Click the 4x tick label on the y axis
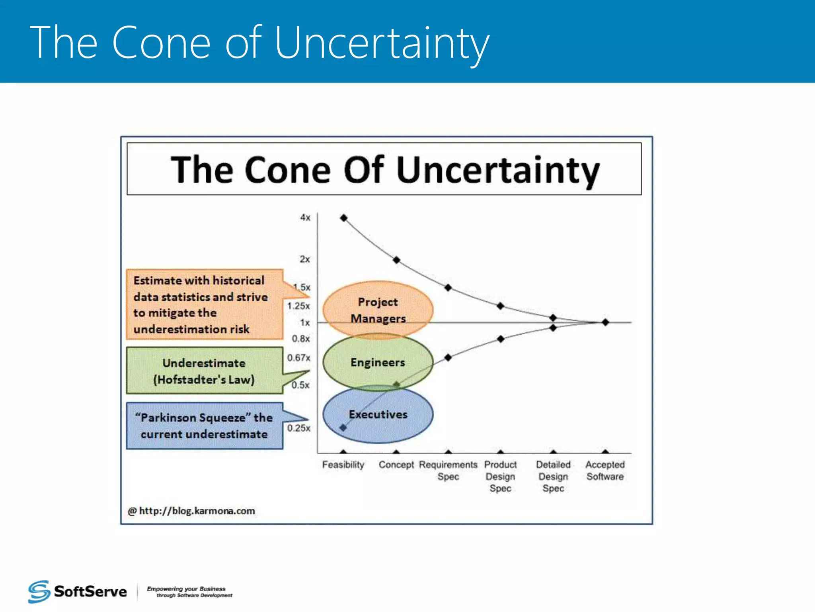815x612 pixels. coord(305,218)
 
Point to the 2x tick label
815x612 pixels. coord(304,259)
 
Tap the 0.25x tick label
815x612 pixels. coord(298,428)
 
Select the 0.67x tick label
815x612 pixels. coord(298,357)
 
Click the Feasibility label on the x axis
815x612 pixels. coord(343,465)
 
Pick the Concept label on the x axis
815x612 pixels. coord(396,465)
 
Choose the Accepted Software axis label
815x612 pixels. coord(605,471)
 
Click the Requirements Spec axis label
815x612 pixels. coord(448,471)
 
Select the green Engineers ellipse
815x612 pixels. coord(378,362)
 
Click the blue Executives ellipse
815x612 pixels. coord(378,415)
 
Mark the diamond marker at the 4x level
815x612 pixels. coord(344,218)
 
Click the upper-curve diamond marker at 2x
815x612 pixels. coord(396,260)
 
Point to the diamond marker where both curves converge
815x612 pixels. coord(605,322)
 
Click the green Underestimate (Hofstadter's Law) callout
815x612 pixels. coord(204,371)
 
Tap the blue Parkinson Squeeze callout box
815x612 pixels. coord(204,426)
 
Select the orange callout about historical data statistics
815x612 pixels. coord(204,304)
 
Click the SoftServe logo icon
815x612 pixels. coord(39,592)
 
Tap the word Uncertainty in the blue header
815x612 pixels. coord(381,43)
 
